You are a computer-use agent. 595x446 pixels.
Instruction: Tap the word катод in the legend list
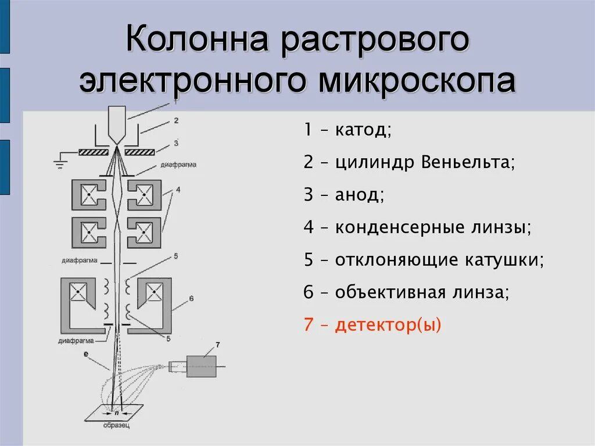tap(363, 130)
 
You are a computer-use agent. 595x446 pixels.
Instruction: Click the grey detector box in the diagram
tap(200, 366)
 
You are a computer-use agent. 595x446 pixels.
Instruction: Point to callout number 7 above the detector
tap(217, 345)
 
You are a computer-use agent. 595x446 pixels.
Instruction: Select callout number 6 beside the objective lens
tap(191, 299)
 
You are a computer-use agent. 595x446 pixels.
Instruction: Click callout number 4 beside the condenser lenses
tap(178, 190)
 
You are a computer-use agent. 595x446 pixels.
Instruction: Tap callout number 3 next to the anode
tap(175, 142)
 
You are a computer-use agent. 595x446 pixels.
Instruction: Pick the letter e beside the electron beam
tap(86, 353)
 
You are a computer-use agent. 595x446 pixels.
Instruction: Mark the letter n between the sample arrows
tap(116, 412)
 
